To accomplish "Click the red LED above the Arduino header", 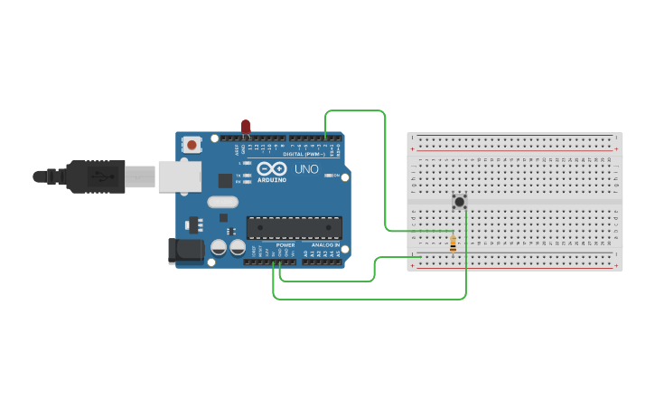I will [x=246, y=126].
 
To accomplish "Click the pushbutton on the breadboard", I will [x=459, y=202].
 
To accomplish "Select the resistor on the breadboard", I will [x=452, y=243].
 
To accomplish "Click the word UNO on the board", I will [x=307, y=168].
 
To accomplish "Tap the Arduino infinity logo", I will [x=272, y=168].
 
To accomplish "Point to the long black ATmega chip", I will [x=295, y=227].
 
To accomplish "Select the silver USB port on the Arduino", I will [x=179, y=176].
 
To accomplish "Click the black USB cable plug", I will [x=95, y=176].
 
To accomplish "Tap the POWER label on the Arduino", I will [x=285, y=245].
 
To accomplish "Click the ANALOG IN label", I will [x=325, y=245].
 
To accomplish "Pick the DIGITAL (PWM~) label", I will [x=304, y=154].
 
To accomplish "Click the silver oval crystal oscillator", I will [x=222, y=202].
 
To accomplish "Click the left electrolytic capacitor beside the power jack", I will [x=219, y=247].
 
